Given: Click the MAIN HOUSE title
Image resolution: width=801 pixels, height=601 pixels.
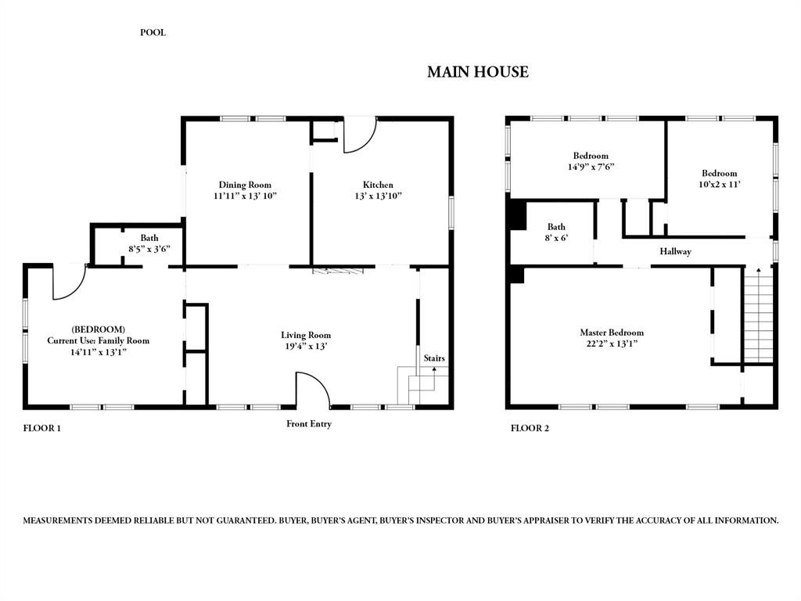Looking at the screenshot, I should [477, 72].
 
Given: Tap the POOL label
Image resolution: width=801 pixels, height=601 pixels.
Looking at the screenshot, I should [153, 33].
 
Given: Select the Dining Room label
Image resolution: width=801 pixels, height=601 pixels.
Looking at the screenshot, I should [245, 185].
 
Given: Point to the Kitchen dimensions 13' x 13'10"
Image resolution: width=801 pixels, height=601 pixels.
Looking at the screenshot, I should [378, 196].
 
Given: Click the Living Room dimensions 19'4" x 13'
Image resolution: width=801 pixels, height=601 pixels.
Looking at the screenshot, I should [307, 346].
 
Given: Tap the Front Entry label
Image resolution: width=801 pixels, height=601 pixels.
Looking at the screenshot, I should [309, 424].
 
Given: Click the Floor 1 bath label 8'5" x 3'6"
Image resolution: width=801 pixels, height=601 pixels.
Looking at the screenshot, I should [149, 248].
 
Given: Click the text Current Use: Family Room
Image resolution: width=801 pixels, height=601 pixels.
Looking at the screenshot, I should [98, 340].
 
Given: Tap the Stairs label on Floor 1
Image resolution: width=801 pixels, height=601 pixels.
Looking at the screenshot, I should [434, 358].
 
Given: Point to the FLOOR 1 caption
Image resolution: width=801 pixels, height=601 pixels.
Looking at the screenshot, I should [42, 428].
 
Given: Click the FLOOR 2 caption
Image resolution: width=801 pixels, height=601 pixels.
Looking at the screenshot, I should [530, 428].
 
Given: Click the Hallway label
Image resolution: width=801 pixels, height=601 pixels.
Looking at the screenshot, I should [675, 251].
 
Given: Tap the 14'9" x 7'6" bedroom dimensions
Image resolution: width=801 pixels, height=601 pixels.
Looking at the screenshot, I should [591, 167].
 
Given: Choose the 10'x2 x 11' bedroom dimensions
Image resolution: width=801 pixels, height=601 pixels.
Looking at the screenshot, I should [719, 184].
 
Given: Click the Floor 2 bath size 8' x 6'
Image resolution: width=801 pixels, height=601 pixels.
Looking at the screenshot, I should [556, 238].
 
